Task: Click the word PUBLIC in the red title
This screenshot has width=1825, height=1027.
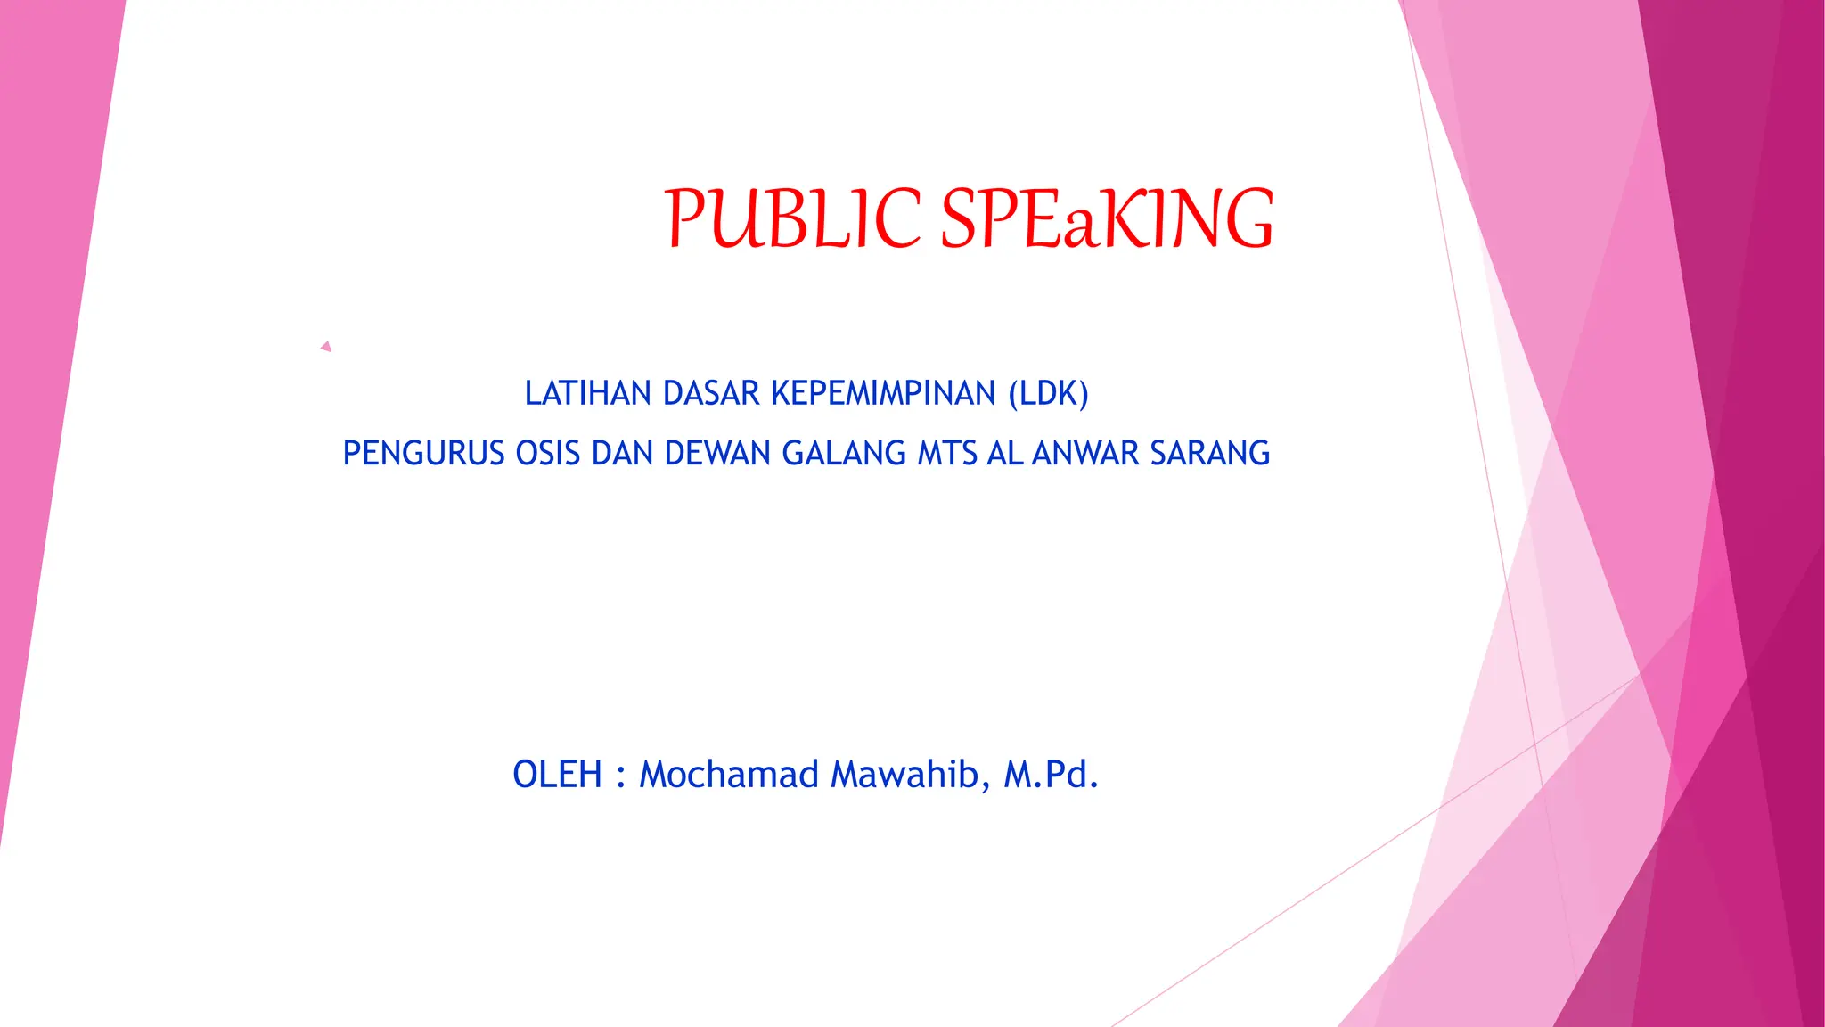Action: [792, 218]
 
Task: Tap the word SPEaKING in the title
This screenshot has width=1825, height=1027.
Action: [1107, 218]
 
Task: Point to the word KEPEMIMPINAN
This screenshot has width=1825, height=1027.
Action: [882, 393]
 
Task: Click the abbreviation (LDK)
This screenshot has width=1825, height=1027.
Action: [1048, 393]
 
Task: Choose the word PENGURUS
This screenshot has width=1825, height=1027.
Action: [423, 453]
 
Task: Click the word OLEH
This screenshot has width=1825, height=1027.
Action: [557, 774]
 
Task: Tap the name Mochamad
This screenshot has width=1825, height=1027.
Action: [729, 774]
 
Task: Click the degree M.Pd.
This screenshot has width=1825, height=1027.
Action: [1051, 774]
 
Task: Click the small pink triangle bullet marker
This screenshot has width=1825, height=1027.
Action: [326, 347]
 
